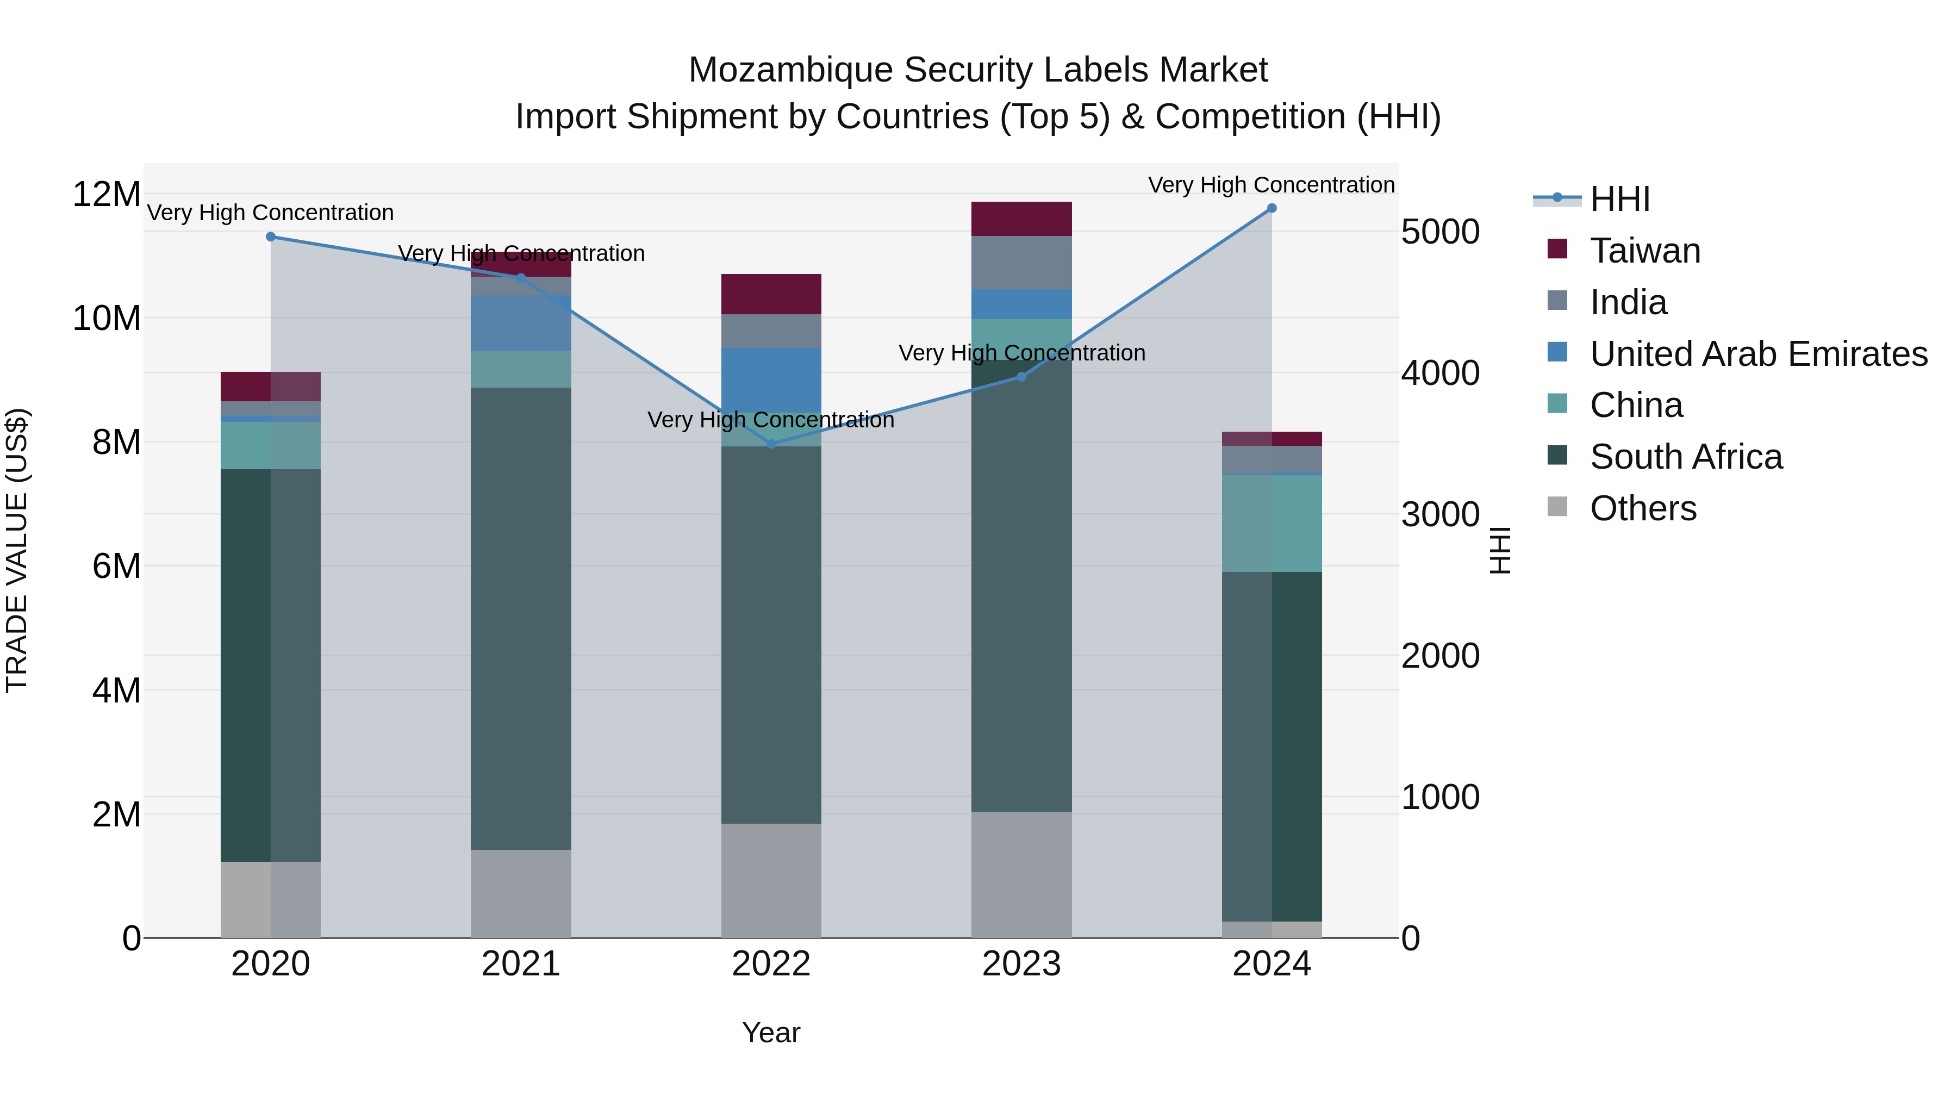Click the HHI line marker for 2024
1271,208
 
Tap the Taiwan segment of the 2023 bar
1021,219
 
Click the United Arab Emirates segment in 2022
771,380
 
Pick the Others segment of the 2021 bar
520,893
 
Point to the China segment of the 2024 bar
1271,522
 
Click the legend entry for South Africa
1685,457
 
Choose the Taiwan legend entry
1645,251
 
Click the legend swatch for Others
1557,507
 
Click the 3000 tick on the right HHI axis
1439,514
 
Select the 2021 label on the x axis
520,964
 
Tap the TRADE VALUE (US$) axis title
17,550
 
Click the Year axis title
770,1032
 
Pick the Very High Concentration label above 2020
271,213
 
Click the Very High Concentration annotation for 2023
1021,353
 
